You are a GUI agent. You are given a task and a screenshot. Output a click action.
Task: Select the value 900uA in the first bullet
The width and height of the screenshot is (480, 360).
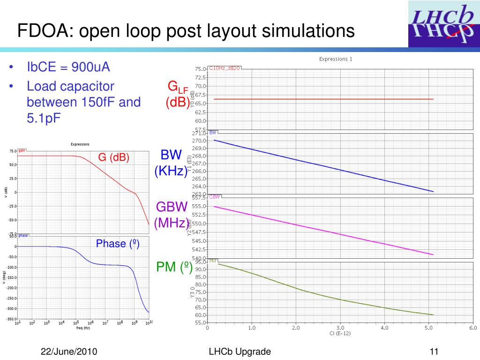[x=90, y=67]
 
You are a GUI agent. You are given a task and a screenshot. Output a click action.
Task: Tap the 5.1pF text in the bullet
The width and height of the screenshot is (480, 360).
[x=44, y=118]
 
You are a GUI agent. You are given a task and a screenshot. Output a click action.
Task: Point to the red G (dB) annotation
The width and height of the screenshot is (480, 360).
[x=113, y=157]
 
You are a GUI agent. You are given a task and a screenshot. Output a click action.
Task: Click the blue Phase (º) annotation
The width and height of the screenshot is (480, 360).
[x=118, y=244]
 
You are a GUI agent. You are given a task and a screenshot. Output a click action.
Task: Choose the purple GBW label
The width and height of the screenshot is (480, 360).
[x=172, y=207]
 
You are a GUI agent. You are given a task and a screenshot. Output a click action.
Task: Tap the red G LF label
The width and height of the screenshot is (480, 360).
[x=178, y=87]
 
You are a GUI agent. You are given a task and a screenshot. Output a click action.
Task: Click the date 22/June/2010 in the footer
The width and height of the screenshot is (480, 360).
[x=69, y=352]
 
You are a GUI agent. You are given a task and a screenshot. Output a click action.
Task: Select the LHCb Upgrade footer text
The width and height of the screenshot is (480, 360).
[x=240, y=352]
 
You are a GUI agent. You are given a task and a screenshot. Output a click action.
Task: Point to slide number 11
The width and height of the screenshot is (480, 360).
[x=433, y=352]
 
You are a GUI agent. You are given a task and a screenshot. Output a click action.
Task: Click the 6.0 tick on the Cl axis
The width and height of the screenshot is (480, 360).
[x=473, y=328]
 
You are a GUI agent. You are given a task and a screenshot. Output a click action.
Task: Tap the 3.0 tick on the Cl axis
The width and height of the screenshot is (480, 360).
[x=340, y=328]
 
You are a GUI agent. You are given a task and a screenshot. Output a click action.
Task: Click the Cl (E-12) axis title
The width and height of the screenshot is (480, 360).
[x=340, y=334]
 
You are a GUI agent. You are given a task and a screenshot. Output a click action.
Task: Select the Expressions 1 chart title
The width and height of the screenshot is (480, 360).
[x=336, y=59]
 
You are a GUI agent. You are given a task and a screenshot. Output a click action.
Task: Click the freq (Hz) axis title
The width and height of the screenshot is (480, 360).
[x=83, y=328]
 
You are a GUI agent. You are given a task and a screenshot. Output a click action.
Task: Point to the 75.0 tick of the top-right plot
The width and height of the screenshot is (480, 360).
[x=200, y=69]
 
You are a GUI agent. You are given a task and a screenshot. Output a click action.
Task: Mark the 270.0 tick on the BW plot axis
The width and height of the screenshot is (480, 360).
[x=199, y=141]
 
